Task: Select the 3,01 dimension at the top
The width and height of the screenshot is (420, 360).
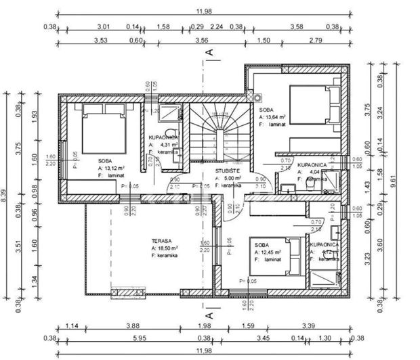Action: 102,27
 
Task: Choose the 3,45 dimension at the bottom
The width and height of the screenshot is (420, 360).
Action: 261,338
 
